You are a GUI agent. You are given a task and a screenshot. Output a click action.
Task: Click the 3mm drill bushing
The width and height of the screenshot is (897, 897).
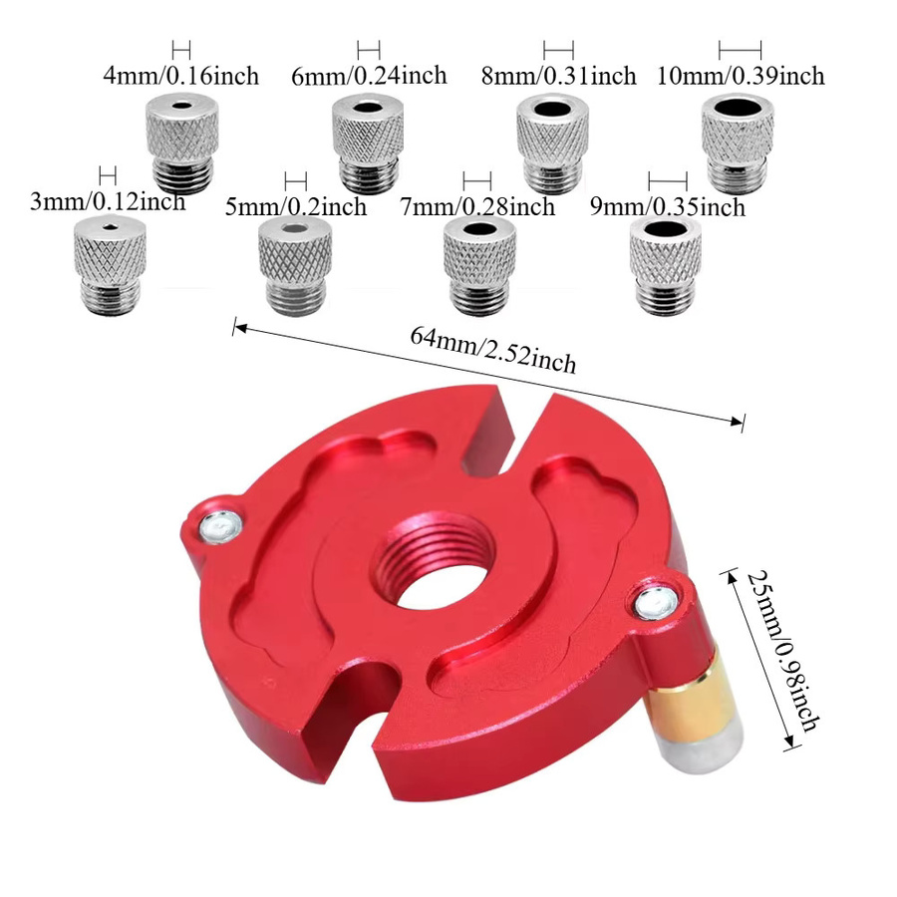pyautogui.click(x=110, y=265)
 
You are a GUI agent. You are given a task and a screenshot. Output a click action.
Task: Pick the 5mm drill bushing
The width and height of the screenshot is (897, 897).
pyautogui.click(x=295, y=265)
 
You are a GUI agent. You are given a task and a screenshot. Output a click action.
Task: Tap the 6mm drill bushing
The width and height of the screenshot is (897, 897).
pyautogui.click(x=368, y=144)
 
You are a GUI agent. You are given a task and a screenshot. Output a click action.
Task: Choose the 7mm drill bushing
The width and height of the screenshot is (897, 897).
pyautogui.click(x=480, y=265)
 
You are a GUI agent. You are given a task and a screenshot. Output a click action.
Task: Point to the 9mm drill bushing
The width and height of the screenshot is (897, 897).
pyautogui.click(x=666, y=265)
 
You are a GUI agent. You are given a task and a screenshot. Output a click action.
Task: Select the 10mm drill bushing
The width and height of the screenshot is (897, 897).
pyautogui.click(x=738, y=144)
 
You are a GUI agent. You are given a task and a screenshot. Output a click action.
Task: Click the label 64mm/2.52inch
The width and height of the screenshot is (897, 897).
pyautogui.click(x=492, y=350)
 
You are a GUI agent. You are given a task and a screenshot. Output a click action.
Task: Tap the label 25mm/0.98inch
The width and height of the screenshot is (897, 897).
pyautogui.click(x=783, y=651)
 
